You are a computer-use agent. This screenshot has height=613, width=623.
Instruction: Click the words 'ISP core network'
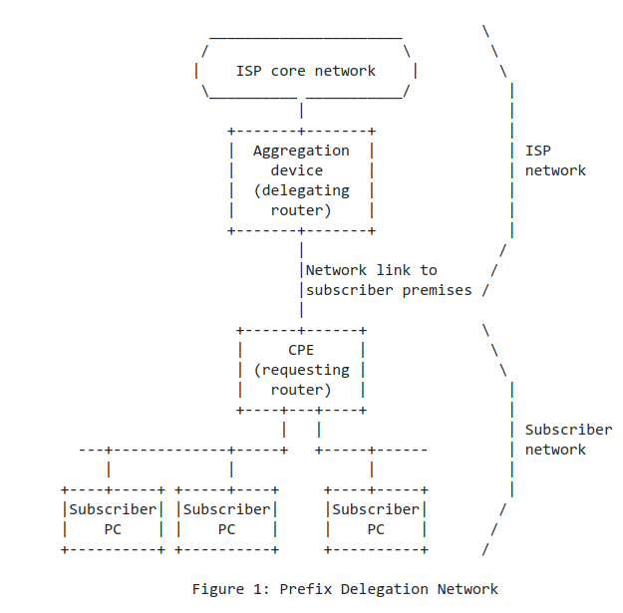click(x=305, y=71)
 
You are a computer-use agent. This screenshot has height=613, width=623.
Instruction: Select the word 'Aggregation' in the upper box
click(x=301, y=151)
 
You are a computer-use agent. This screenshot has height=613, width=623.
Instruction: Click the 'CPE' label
click(x=301, y=350)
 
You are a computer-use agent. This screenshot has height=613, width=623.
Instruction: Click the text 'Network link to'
click(x=371, y=270)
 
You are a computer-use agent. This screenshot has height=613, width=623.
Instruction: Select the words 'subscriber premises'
click(x=388, y=290)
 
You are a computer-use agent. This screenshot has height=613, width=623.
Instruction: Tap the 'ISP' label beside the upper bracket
click(x=538, y=151)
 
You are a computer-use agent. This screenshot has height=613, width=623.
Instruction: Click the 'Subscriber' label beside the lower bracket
click(x=568, y=430)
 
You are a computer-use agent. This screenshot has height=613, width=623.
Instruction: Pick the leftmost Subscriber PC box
click(x=113, y=519)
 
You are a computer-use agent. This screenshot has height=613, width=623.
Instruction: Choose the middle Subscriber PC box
click(x=226, y=519)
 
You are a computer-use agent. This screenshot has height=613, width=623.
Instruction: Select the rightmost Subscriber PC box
click(x=376, y=519)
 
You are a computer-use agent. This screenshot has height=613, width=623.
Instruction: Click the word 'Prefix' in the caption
click(x=305, y=588)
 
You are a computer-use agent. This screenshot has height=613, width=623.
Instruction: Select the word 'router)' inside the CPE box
click(x=301, y=390)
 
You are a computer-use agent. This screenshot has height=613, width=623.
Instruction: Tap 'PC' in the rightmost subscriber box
click(x=376, y=529)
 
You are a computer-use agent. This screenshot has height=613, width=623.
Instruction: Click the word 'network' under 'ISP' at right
click(x=555, y=170)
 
